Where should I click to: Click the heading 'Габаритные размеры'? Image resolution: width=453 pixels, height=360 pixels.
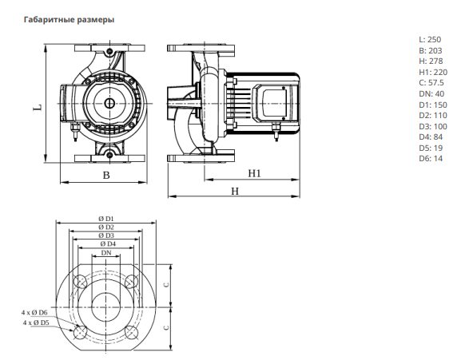tap(69, 20)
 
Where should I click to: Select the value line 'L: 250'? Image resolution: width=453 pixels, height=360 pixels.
tap(430, 40)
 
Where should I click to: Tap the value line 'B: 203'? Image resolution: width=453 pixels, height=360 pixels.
tap(431, 50)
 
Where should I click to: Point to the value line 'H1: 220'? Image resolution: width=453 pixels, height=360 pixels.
tap(433, 72)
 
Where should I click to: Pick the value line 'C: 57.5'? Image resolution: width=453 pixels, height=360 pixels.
tap(431, 83)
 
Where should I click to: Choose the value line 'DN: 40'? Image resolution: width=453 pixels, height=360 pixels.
tap(431, 94)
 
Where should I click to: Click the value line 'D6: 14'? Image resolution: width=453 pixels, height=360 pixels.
tap(431, 159)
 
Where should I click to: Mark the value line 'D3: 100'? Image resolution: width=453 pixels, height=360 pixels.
tap(433, 126)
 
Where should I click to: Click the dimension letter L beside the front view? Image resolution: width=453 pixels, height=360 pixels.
tap(38, 108)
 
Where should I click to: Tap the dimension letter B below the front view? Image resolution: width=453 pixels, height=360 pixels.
tap(106, 175)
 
